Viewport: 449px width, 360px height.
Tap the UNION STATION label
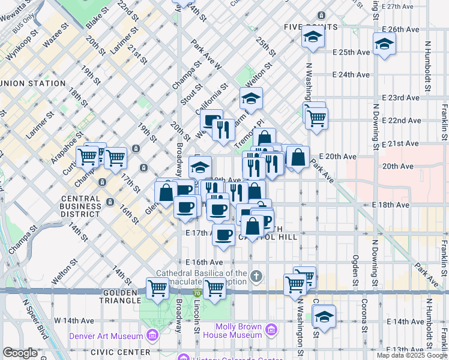tap(33, 83)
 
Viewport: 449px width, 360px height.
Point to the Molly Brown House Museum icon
tap(271, 329)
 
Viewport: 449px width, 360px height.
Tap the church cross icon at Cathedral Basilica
tap(256, 277)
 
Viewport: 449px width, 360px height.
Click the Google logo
tap(20, 353)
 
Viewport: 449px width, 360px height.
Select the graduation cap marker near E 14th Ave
tap(324, 316)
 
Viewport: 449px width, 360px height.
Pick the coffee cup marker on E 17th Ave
tap(224, 234)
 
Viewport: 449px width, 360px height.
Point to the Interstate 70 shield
tap(197, 293)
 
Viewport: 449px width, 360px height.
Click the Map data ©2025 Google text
tap(412, 355)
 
